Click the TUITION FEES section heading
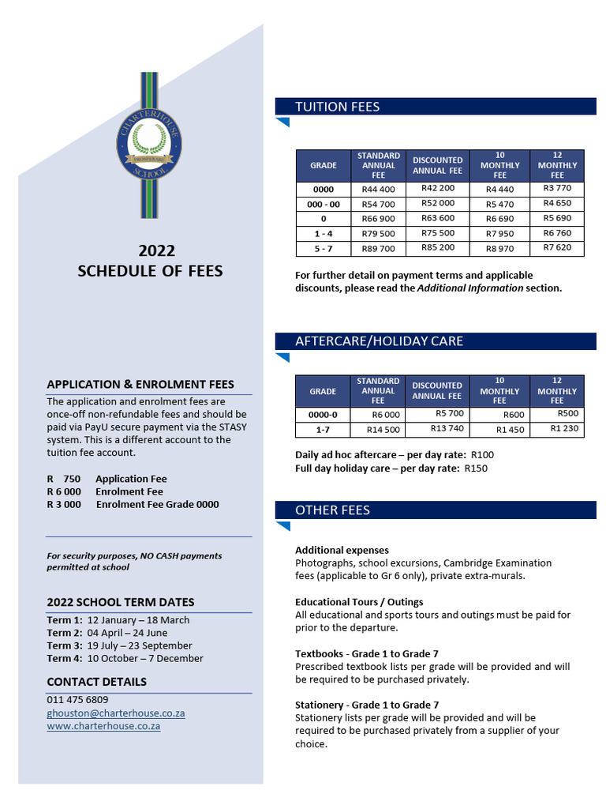337,107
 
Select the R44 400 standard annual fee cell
378,190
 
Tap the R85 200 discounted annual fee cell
438,247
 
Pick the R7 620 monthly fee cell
557,247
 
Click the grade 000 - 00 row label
323,204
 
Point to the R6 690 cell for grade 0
499,219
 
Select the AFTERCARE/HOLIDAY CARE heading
379,341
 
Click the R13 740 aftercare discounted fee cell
447,428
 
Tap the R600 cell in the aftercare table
514,415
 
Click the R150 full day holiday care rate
476,468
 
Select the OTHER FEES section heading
332,510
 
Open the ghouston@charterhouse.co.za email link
115,713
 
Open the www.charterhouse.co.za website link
103,725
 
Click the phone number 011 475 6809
77,700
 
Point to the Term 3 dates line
119,645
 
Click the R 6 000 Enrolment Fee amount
64,491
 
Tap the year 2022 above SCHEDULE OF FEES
157,251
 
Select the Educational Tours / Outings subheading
359,602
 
